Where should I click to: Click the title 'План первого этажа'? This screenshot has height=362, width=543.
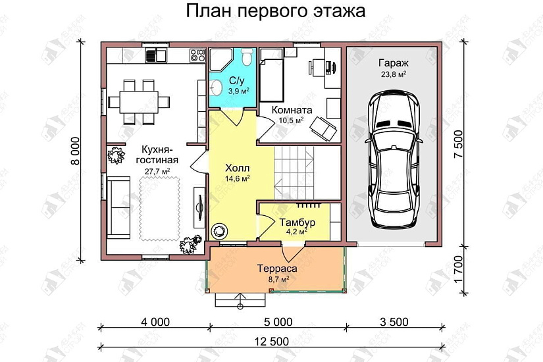(x=275, y=12)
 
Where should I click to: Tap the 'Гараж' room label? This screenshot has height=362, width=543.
(x=393, y=63)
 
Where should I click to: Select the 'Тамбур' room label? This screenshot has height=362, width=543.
(x=296, y=222)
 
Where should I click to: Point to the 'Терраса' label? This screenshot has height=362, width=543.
(x=278, y=269)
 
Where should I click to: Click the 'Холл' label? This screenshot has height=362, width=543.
(x=237, y=167)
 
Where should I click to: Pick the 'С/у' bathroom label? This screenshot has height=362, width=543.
(x=236, y=81)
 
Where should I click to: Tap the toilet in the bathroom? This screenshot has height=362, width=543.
(x=246, y=59)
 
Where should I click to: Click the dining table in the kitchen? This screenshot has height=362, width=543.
(x=138, y=101)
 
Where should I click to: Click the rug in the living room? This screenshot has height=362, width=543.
(x=160, y=207)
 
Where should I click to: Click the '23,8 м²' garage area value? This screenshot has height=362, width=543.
(x=393, y=74)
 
